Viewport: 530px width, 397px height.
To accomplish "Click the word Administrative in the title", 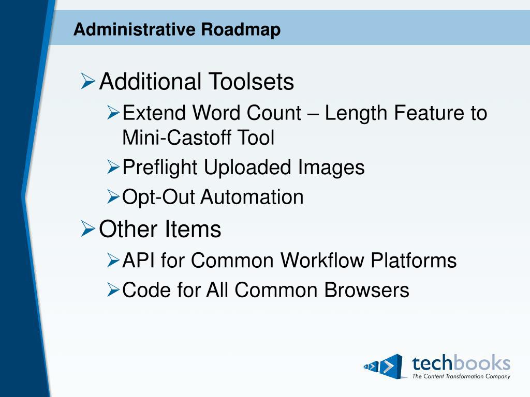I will [135, 29].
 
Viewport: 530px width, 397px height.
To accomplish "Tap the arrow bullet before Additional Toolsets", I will [87, 81].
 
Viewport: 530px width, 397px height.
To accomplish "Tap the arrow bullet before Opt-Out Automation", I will [113, 196].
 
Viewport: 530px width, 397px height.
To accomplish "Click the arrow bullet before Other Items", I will [87, 228].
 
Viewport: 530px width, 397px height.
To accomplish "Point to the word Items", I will [193, 229].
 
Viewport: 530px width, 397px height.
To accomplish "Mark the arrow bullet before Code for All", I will [113, 290].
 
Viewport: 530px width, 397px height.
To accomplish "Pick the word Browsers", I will [367, 290].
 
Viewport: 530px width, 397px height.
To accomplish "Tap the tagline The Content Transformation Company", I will [461, 376].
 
